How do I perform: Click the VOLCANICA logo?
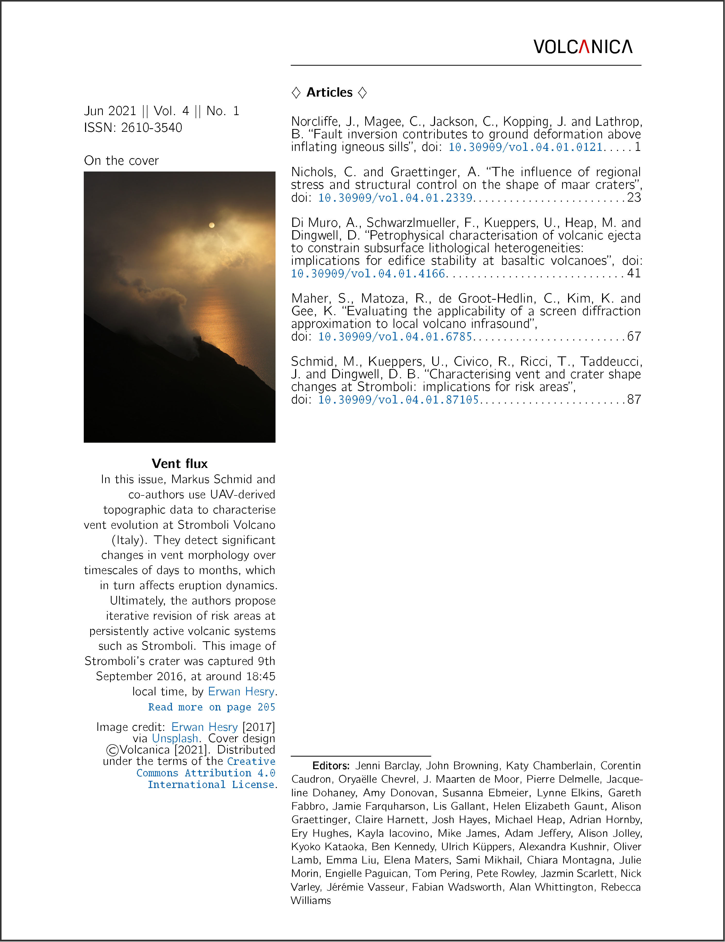point(582,47)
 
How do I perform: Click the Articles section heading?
point(329,92)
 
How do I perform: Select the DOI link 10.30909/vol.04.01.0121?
point(525,148)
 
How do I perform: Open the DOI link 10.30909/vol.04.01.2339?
point(395,198)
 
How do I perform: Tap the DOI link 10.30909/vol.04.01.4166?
point(368,274)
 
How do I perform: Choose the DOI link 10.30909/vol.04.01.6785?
point(395,337)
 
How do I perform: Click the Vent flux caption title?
point(180,464)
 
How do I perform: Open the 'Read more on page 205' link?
point(211,707)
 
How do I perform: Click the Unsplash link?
point(175,739)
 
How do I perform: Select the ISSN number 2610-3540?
point(152,128)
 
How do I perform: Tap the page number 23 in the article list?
point(634,198)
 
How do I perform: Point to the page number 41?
point(634,274)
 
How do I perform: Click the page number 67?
point(634,337)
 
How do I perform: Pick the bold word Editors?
point(331,766)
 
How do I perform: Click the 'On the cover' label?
point(121,161)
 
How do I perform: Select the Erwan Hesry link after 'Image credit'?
point(205,727)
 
